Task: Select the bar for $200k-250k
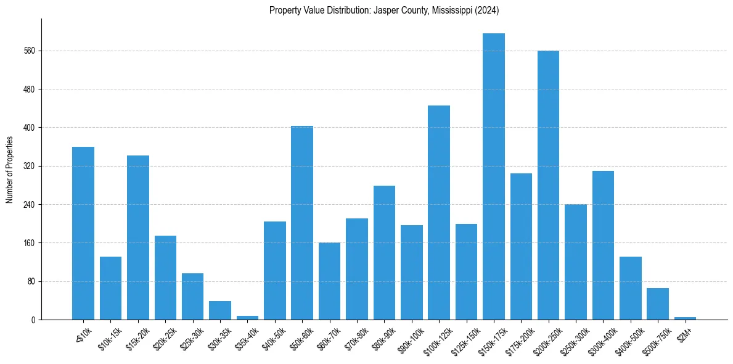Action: coord(548,185)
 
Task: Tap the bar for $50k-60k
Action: coord(302,223)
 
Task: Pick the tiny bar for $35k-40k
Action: coord(247,317)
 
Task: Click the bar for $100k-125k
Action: coord(439,213)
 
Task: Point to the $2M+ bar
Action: coord(685,318)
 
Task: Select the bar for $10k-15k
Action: coord(110,288)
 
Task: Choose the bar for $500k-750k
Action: coord(657,304)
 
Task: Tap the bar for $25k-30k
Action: coord(192,296)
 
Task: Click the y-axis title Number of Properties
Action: coord(9,170)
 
